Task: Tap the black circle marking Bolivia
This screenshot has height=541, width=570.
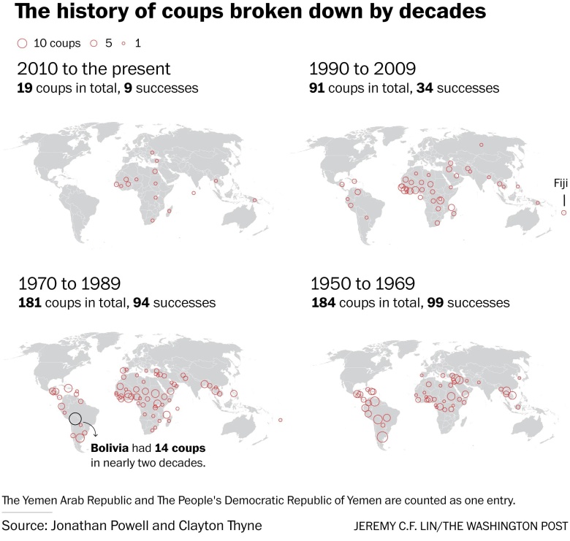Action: click(x=75, y=419)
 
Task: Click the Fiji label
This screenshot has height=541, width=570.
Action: click(x=560, y=183)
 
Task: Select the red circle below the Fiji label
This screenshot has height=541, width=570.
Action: click(x=563, y=212)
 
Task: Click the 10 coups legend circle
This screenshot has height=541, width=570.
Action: click(x=21, y=44)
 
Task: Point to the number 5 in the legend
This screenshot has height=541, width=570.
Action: click(x=108, y=44)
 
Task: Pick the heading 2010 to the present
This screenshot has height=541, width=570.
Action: click(x=93, y=69)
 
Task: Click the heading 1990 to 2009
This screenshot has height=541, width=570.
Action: click(x=363, y=69)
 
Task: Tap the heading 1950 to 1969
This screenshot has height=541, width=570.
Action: click(x=363, y=283)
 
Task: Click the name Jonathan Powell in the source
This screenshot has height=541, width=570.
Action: click(x=93, y=526)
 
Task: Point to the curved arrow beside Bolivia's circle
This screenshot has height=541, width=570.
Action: click(x=91, y=427)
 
